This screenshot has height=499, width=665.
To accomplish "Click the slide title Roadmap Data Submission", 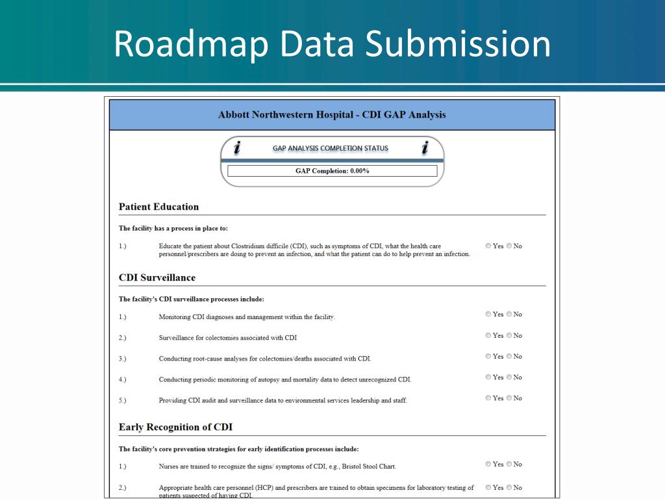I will coord(332,44).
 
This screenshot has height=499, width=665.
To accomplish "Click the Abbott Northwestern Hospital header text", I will coord(332,115).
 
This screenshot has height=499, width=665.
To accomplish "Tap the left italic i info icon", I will coord(237,148).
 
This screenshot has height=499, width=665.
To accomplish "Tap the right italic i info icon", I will coord(425,148).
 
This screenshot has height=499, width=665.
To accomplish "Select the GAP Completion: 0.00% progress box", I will coord(332,171).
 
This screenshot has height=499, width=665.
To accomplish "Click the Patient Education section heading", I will coord(158,207).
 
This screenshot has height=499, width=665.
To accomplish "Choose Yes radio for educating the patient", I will coord(488,246).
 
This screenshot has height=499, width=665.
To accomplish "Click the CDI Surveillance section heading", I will coord(157,277).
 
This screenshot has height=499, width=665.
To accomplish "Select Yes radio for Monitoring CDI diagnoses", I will coord(488,314).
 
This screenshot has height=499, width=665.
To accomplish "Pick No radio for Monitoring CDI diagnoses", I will coord(509,314).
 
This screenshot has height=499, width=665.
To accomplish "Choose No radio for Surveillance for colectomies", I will coord(509,336).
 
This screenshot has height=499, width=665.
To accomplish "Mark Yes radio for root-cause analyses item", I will coord(488,357).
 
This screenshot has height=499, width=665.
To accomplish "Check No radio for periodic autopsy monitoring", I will coord(509,377).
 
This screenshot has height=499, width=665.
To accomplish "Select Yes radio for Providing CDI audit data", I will coord(488,398).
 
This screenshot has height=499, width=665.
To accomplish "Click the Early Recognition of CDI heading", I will coord(175,427).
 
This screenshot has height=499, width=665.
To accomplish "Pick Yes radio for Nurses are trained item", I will coord(488,465).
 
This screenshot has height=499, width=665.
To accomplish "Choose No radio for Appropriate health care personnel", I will coord(509,488).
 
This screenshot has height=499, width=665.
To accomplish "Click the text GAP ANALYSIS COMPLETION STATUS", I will coord(330,148).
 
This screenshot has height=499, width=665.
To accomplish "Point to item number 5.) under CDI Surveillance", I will coord(123,400).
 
